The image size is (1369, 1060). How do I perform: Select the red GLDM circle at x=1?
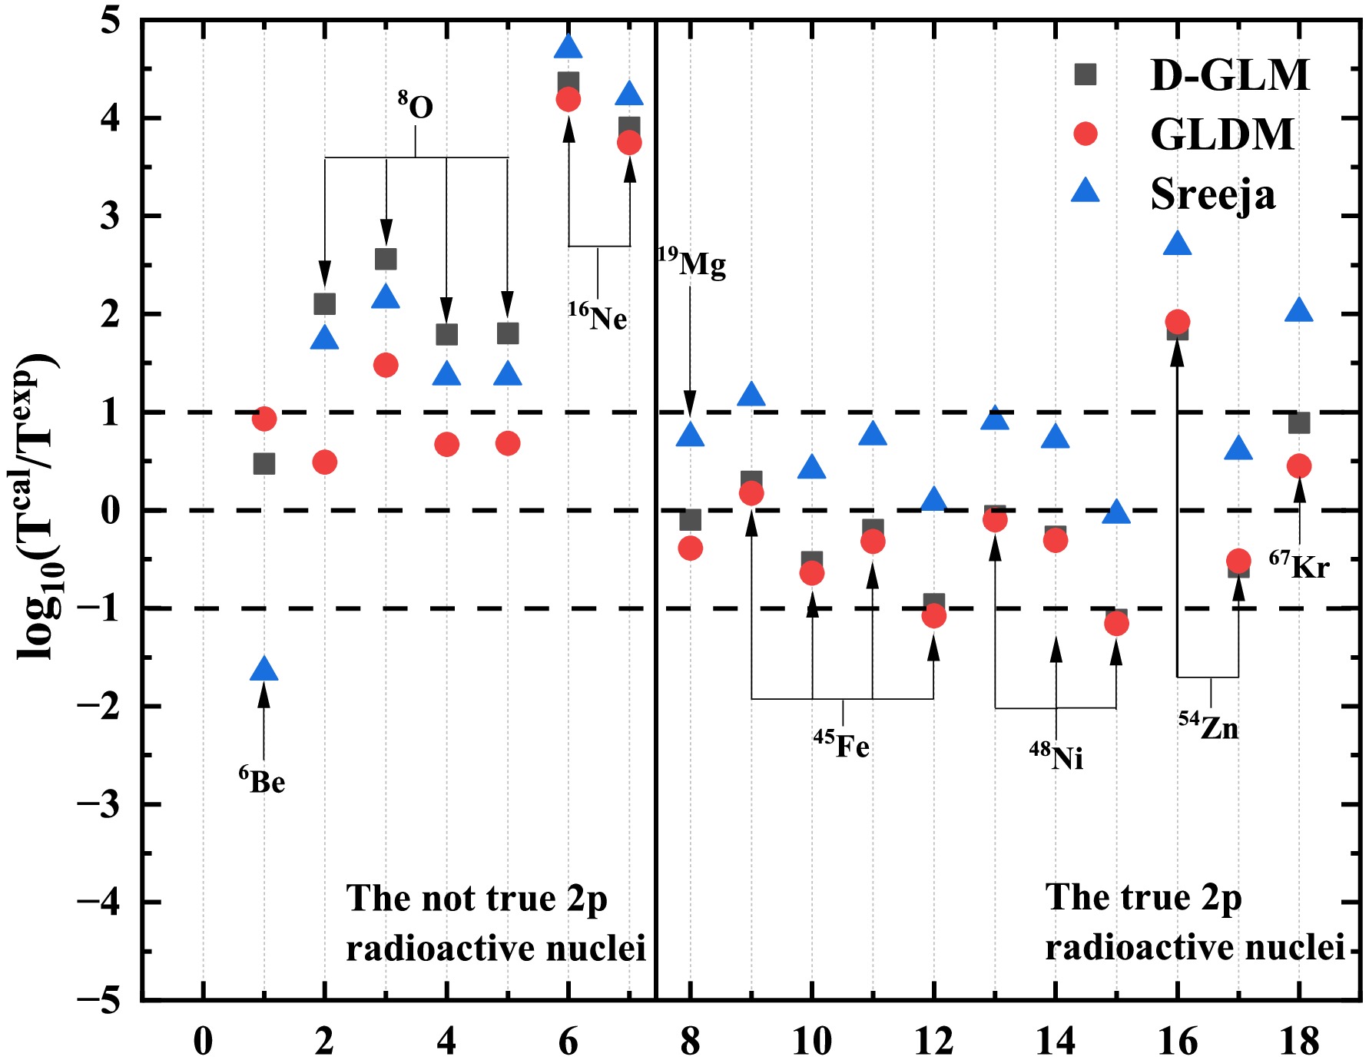pos(264,419)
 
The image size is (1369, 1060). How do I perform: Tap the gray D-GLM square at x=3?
pos(386,259)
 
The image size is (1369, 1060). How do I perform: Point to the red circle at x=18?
pos(1299,465)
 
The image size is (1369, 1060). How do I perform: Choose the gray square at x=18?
pos(1299,422)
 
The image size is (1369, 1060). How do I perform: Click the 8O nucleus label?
pos(416,106)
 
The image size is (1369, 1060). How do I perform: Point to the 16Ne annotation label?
pos(598,316)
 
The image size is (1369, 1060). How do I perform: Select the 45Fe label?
pos(842,744)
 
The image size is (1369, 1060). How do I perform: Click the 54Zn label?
pos(1209,726)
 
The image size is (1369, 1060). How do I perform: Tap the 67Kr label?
pos(1299,565)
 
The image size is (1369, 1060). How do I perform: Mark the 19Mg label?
pos(691,263)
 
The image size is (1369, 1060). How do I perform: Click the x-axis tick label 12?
pos(933,1042)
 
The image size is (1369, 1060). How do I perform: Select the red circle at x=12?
pos(933,615)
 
